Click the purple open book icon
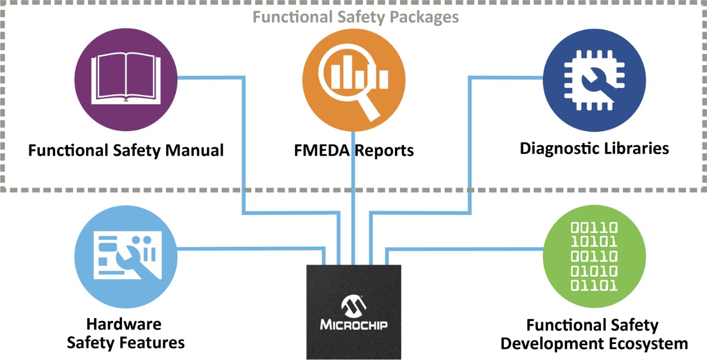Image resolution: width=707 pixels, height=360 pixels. point(126,80)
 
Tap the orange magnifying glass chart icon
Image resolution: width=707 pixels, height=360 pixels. point(353,80)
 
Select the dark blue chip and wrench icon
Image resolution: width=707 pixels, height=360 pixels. point(594,80)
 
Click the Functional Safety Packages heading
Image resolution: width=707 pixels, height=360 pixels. point(356,17)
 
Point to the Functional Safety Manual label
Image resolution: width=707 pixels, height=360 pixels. point(126,150)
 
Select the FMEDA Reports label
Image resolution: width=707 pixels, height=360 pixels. point(353,150)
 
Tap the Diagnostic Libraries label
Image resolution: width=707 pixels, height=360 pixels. point(594,148)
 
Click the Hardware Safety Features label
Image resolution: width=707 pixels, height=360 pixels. point(125,333)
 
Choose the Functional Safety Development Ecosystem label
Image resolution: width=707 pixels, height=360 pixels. point(594,334)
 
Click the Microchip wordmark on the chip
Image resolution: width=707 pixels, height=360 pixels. point(353,323)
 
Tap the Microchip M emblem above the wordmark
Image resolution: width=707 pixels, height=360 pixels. point(353,304)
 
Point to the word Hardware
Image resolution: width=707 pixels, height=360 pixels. point(124,324)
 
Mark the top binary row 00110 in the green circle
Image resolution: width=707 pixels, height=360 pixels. point(594,227)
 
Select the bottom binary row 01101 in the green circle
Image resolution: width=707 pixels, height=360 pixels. point(594,285)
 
